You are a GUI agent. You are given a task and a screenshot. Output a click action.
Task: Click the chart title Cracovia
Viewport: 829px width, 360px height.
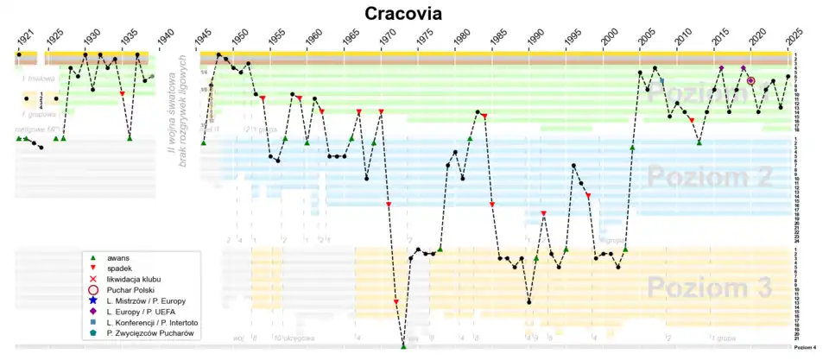402,13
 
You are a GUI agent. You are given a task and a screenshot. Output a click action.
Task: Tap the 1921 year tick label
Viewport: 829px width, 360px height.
27,38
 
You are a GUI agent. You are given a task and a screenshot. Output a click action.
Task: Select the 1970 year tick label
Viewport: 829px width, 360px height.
389,38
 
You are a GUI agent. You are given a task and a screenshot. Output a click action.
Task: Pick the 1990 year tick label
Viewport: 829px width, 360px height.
536,38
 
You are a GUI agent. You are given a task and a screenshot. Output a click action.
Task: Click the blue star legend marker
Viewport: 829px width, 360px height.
92,300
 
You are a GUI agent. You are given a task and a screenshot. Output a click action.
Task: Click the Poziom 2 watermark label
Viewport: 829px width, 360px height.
708,177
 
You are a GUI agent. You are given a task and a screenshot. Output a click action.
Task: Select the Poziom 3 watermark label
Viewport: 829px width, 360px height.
708,287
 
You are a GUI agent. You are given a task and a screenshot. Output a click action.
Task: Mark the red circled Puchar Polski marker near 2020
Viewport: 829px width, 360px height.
750,81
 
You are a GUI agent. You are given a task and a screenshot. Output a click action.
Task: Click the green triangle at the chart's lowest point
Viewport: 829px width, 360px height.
403,346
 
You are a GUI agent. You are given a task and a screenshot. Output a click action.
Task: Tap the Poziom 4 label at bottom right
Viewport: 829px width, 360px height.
804,347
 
